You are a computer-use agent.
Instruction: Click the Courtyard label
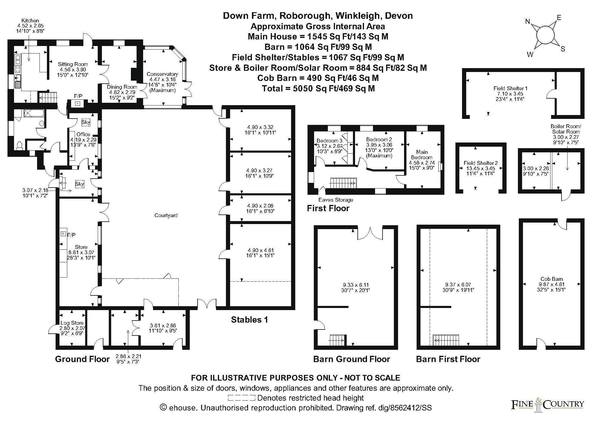pyautogui.click(x=166, y=215)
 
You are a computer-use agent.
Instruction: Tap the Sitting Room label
pyautogui.click(x=73, y=64)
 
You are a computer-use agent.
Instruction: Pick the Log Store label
pyautogui.click(x=72, y=323)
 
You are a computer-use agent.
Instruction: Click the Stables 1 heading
pyautogui.click(x=249, y=320)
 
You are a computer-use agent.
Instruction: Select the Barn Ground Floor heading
pyautogui.click(x=351, y=359)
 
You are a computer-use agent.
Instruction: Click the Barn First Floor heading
pyautogui.click(x=448, y=359)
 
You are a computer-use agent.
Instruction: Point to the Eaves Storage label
pyautogui.click(x=335, y=200)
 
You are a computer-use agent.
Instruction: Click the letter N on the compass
pyautogui.click(x=527, y=21)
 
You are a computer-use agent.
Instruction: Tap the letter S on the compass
pyautogui.click(x=563, y=49)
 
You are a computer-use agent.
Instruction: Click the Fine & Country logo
pyautogui.click(x=547, y=404)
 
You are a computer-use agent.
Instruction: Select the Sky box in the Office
pyautogui.click(x=86, y=122)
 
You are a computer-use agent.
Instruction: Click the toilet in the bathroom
pyautogui.click(x=20, y=145)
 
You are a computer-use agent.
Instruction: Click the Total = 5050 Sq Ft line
pyautogui.click(x=318, y=88)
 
